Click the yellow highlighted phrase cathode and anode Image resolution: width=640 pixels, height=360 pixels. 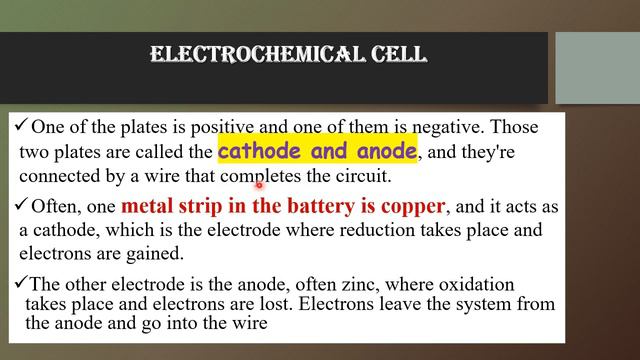click(x=317, y=152)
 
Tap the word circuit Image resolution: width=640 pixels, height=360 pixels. click(x=362, y=176)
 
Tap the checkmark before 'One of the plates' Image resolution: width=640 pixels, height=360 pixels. click(x=21, y=127)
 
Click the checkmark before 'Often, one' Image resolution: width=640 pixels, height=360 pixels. click(x=21, y=207)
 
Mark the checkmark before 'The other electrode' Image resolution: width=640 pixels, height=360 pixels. click(x=21, y=283)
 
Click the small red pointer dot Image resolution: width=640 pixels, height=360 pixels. click(x=258, y=184)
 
